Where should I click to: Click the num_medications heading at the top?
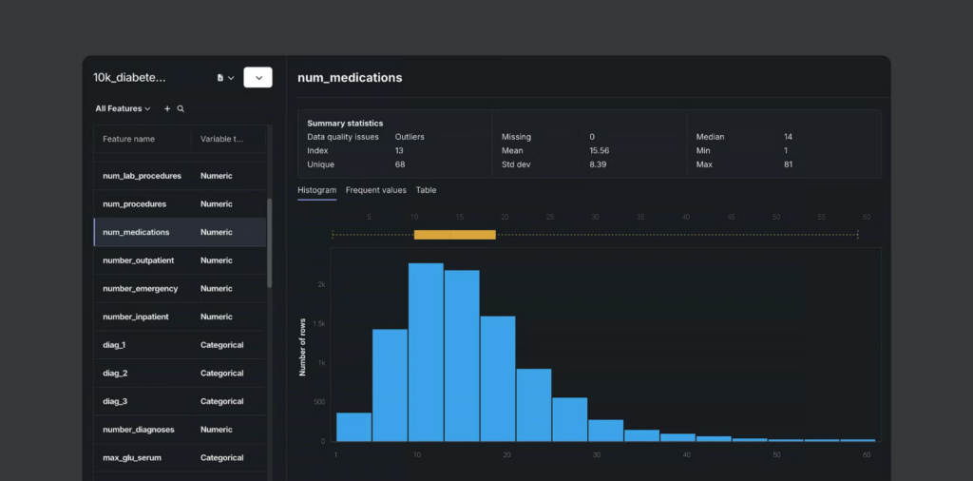coord(350,78)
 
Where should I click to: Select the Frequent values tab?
coord(375,190)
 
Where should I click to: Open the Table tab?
coord(426,190)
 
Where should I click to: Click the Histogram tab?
coord(316,190)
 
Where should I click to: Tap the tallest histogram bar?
coord(426,352)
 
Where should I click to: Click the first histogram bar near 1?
coord(353,427)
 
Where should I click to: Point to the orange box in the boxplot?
coord(454,234)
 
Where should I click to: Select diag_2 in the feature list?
coord(115,374)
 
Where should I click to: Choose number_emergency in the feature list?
coord(140,289)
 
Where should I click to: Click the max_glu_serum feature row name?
coord(131,458)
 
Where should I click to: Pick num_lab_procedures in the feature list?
coord(142,176)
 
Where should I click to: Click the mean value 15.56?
coord(599,150)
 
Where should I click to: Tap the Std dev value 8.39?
coord(598,164)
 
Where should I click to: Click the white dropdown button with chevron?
coord(258,78)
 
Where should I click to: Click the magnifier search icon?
coord(181,109)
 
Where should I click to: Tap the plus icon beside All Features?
coord(167,109)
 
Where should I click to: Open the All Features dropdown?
coord(123,109)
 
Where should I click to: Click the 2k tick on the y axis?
coord(321,284)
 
